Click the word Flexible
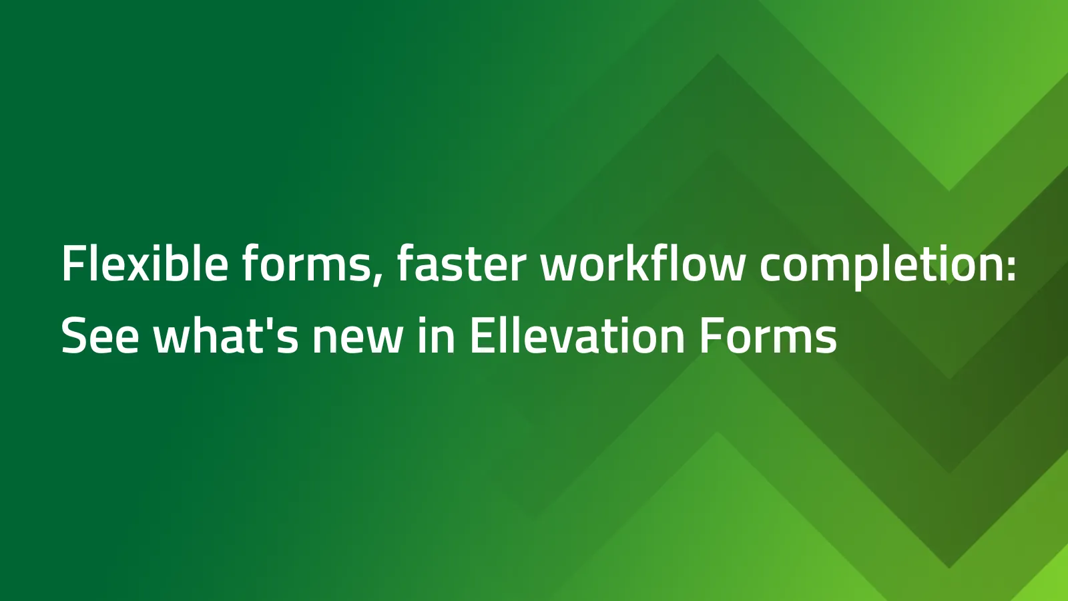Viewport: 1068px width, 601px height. [144, 264]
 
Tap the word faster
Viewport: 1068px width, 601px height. [461, 264]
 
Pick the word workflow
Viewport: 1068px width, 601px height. [642, 264]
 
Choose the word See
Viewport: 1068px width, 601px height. [100, 335]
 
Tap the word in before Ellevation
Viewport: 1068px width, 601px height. [437, 335]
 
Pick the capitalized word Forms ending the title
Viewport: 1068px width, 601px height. [768, 335]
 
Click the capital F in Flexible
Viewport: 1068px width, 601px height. [71, 264]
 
